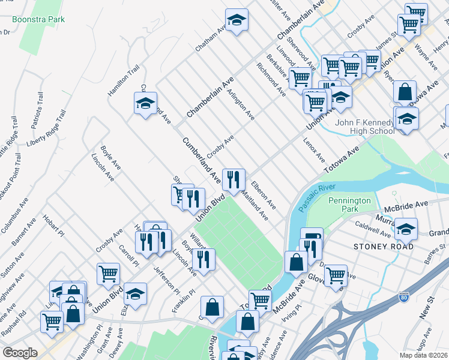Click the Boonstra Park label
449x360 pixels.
pos(41,19)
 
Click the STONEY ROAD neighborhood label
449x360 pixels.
pos(384,247)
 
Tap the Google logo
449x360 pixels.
pos(20,352)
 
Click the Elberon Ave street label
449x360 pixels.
pos(263,195)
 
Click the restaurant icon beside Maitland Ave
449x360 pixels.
pos(234,178)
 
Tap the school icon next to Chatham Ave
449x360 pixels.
pos(237,20)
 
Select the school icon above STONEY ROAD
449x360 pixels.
pos(406,229)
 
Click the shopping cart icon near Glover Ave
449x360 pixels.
pos(336,275)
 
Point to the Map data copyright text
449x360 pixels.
pos(423,355)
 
